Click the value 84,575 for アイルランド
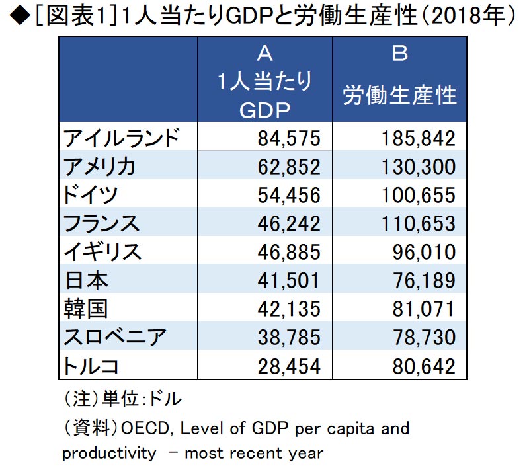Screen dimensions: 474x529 (x=288, y=138)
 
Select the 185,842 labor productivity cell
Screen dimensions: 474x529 (x=418, y=138)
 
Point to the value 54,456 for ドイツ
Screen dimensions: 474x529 (x=288, y=195)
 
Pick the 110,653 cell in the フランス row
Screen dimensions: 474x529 (x=418, y=223)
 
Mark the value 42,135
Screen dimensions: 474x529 (x=288, y=309)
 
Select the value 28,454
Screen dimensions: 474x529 (x=288, y=366)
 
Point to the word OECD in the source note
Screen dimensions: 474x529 (x=144, y=428)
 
